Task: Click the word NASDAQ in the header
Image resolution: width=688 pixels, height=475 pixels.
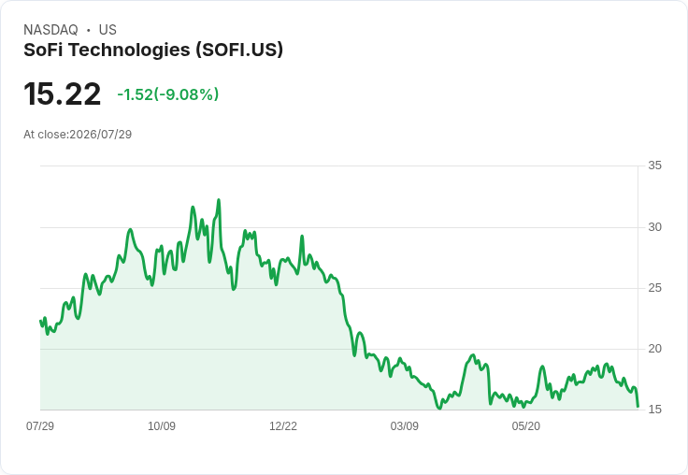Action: (50, 30)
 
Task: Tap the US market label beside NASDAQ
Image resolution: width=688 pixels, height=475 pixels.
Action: (107, 30)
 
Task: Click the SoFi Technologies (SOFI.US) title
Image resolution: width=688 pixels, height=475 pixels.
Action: (153, 50)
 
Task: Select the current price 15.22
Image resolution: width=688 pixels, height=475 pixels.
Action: (63, 94)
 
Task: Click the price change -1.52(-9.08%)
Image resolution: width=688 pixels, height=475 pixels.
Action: (167, 94)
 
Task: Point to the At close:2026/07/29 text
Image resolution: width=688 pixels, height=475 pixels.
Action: (78, 135)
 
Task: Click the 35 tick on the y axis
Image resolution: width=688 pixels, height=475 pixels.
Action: (654, 166)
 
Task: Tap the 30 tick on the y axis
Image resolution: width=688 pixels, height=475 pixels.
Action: (654, 227)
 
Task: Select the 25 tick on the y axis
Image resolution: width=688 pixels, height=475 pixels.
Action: (654, 288)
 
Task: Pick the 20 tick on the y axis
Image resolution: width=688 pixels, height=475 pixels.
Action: (654, 349)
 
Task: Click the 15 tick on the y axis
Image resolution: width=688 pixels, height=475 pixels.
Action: (654, 410)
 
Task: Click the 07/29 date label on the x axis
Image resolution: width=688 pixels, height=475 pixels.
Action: (40, 425)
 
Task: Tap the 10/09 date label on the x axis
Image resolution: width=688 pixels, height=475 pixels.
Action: (162, 425)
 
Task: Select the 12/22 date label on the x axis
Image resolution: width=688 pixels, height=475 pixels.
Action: (283, 425)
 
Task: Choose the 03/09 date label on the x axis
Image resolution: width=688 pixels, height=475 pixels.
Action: (404, 425)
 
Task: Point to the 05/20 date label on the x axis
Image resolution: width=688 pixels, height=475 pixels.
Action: (525, 425)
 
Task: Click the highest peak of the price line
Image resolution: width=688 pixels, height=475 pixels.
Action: (219, 200)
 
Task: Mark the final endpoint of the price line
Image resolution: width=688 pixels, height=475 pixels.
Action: (638, 407)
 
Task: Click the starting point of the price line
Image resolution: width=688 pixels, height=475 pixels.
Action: (41, 321)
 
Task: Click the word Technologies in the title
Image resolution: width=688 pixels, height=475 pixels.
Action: (129, 50)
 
